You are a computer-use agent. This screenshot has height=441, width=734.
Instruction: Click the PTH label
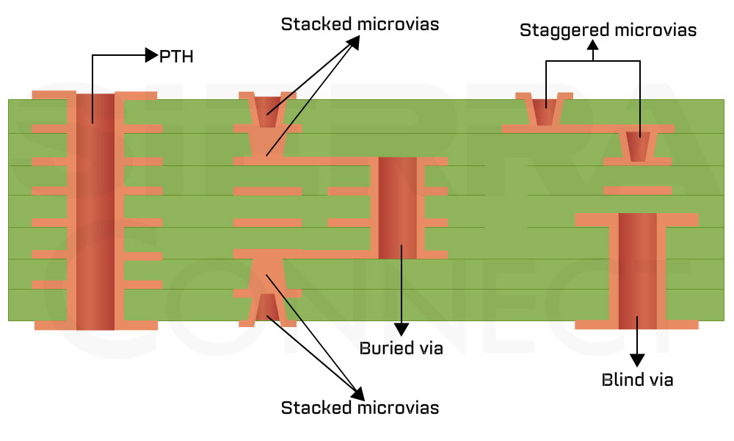176,56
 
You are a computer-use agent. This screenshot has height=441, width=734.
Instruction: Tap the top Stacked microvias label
360,24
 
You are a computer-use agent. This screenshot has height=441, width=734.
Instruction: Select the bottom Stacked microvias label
360,407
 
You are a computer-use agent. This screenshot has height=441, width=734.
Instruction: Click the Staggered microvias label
608,30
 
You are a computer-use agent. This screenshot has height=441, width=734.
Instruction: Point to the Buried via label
401,348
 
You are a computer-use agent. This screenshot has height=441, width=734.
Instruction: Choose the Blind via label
637,380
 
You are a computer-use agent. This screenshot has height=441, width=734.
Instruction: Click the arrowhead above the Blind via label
637,359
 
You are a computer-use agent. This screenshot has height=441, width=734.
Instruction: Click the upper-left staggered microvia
544,112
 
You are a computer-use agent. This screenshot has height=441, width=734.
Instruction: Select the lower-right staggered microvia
639,148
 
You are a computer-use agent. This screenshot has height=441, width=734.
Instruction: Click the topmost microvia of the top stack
267,110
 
